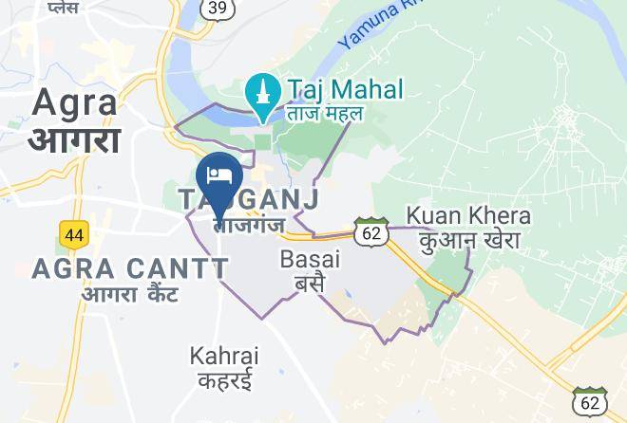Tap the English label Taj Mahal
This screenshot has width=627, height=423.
coord(345,91)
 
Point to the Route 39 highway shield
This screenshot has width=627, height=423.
coord(217,8)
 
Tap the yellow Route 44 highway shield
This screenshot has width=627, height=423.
coord(72,233)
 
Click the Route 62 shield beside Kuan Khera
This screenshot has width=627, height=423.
coord(370,230)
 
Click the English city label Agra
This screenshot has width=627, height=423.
coord(76,102)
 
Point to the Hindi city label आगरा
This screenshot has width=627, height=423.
coord(74,139)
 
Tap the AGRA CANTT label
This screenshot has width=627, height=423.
coord(130,269)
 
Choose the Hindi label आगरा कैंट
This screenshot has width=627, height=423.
coord(130,293)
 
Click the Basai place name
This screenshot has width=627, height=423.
coord(310,258)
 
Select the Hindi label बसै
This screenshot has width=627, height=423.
coord(310,282)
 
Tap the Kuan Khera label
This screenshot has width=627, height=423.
coord(468,215)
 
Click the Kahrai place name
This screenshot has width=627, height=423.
coord(224,357)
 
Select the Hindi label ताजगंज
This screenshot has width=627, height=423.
coord(249,227)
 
